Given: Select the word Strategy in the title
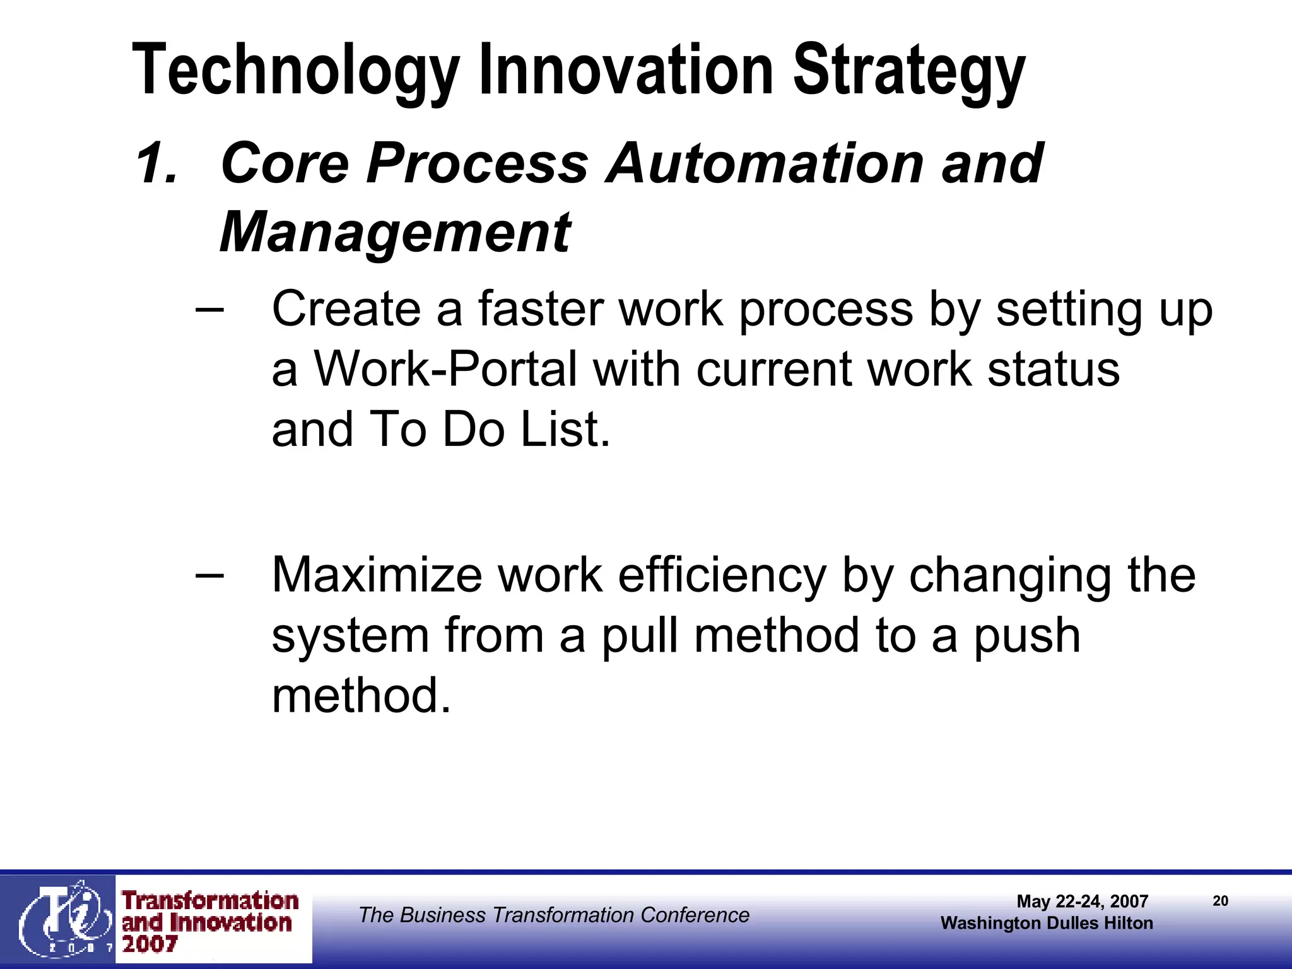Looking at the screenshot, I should pyautogui.click(x=908, y=71).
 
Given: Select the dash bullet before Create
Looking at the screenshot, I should pyautogui.click(x=209, y=310).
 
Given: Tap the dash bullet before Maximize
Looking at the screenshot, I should pyautogui.click(x=209, y=575).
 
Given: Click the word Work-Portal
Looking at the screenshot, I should pyautogui.click(x=445, y=370).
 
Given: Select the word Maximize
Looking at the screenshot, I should pyautogui.click(x=376, y=575).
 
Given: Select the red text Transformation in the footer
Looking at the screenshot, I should pyautogui.click(x=210, y=901).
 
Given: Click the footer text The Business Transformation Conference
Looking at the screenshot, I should pyautogui.click(x=554, y=915).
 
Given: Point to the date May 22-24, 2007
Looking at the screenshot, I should pyautogui.click(x=1082, y=901).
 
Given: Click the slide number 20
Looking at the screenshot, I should pyautogui.click(x=1220, y=901).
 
